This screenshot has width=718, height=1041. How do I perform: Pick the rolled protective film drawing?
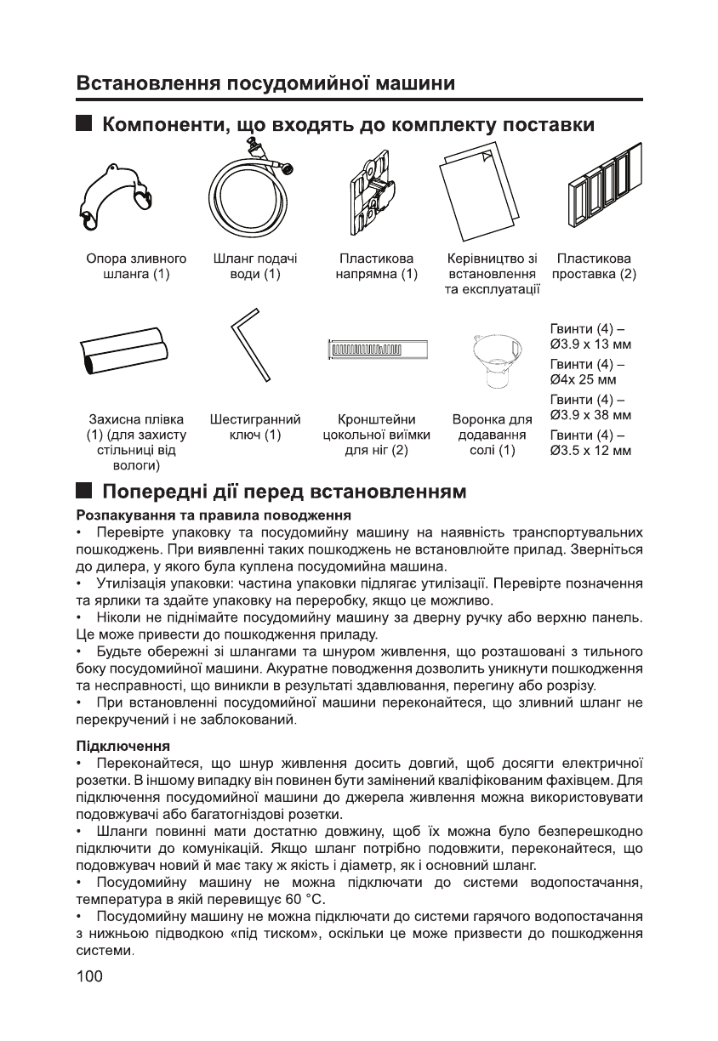coord(124,350)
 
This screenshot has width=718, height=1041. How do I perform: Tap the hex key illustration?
coord(250,348)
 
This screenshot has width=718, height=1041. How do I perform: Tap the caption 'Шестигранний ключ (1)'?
coord(255,428)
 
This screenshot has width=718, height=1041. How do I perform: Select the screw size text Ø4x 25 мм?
coord(584,380)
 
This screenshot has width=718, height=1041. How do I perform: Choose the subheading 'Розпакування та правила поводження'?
coord(213,515)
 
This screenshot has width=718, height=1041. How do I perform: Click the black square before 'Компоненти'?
coord(83,124)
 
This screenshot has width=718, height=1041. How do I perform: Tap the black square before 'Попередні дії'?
coord(83,491)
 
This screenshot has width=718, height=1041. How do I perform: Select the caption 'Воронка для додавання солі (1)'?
coord(493,435)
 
